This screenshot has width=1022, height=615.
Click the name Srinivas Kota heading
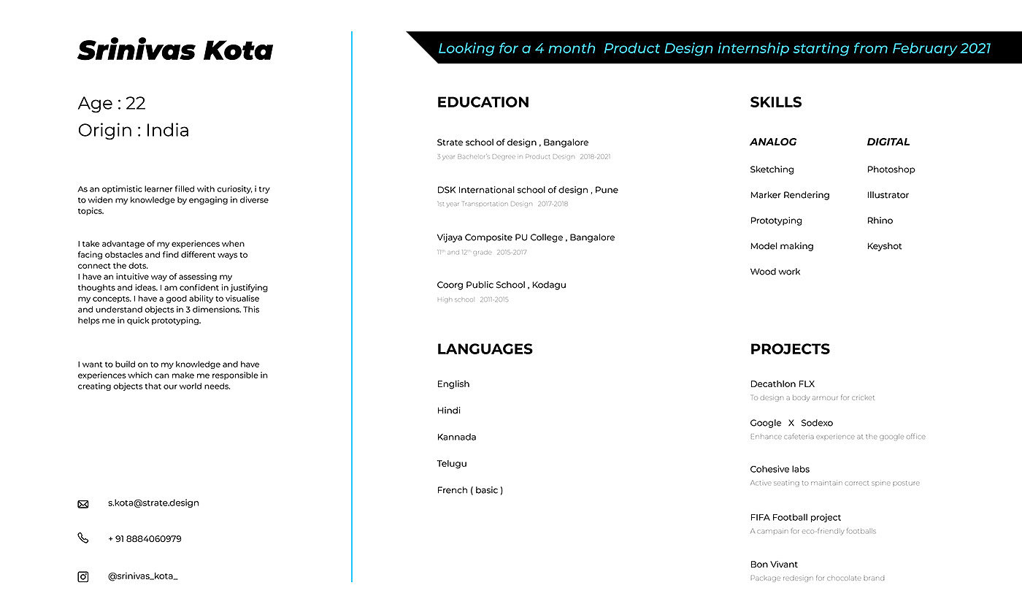(x=175, y=50)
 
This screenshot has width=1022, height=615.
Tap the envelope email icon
(x=83, y=504)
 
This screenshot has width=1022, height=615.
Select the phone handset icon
(x=83, y=538)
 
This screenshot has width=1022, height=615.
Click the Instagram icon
(x=83, y=577)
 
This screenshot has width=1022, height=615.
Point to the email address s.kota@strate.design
(x=153, y=503)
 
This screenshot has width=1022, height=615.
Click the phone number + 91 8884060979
(x=145, y=539)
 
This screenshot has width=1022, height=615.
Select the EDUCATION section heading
(x=483, y=102)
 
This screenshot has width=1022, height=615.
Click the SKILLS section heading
(x=775, y=102)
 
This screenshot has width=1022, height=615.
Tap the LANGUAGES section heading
(x=484, y=349)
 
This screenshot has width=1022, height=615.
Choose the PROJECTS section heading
(x=789, y=349)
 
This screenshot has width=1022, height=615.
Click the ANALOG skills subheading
(x=773, y=142)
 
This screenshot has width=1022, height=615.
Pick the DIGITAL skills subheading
(x=888, y=142)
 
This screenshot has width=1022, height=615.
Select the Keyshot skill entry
(x=884, y=246)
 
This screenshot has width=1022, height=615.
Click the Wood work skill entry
(x=775, y=272)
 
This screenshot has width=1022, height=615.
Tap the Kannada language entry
(x=456, y=437)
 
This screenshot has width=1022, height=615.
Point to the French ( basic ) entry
(x=469, y=490)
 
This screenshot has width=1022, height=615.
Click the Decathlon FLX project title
(x=782, y=384)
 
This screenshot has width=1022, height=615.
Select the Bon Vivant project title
(x=774, y=565)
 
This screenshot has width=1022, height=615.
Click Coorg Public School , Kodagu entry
(x=501, y=285)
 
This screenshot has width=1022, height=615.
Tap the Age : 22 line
(x=112, y=103)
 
